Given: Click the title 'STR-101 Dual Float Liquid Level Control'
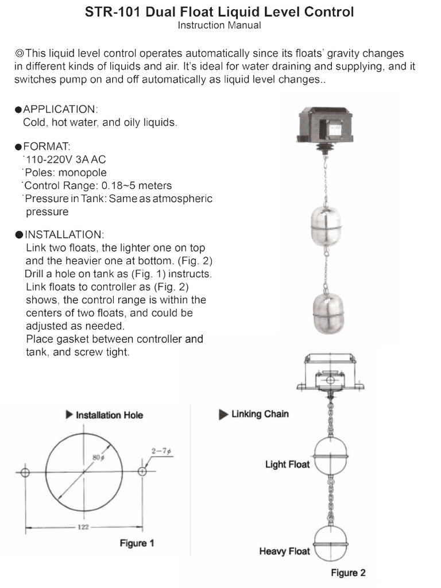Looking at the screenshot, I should pyautogui.click(x=219, y=11).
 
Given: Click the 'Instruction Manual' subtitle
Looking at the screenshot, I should pyautogui.click(x=219, y=25).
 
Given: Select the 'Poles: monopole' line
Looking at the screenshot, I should pyautogui.click(x=65, y=172).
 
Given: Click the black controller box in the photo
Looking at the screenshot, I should pyautogui.click(x=324, y=123).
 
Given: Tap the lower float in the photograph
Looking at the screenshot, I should pyautogui.click(x=327, y=310).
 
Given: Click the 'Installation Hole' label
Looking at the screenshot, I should pyautogui.click(x=109, y=415).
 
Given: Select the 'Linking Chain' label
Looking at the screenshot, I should pyautogui.click(x=260, y=414).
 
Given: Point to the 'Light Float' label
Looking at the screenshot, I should pyautogui.click(x=287, y=464).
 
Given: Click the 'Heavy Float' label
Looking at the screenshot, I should pyautogui.click(x=284, y=551).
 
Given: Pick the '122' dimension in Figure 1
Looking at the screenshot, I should pyautogui.click(x=83, y=527).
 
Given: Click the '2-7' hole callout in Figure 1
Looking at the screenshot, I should pyautogui.click(x=163, y=451).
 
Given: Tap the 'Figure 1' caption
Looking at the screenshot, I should pyautogui.click(x=137, y=543).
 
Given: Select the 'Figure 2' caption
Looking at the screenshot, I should pyautogui.click(x=348, y=572).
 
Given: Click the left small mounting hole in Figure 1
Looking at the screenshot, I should pyautogui.click(x=24, y=472).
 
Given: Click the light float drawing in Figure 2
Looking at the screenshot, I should pyautogui.click(x=330, y=456).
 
